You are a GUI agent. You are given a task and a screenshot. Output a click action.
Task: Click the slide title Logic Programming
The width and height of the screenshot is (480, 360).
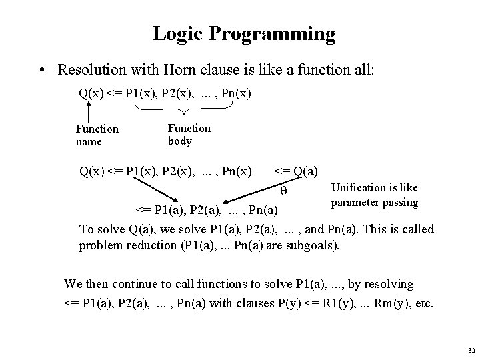click(x=244, y=33)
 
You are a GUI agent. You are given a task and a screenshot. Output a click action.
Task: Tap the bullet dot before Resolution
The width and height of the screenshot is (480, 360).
click(x=43, y=70)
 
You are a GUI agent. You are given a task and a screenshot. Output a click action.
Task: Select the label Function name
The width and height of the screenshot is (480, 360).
click(x=97, y=135)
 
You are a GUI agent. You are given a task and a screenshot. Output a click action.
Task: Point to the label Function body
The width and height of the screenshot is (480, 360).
click(x=189, y=134)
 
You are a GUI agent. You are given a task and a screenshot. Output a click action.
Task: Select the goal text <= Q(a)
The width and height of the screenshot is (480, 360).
click(x=296, y=172)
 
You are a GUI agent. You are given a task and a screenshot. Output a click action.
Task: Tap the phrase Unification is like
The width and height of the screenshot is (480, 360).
click(x=373, y=189)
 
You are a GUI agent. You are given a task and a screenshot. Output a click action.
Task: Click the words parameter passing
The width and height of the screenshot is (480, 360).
click(x=374, y=201)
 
